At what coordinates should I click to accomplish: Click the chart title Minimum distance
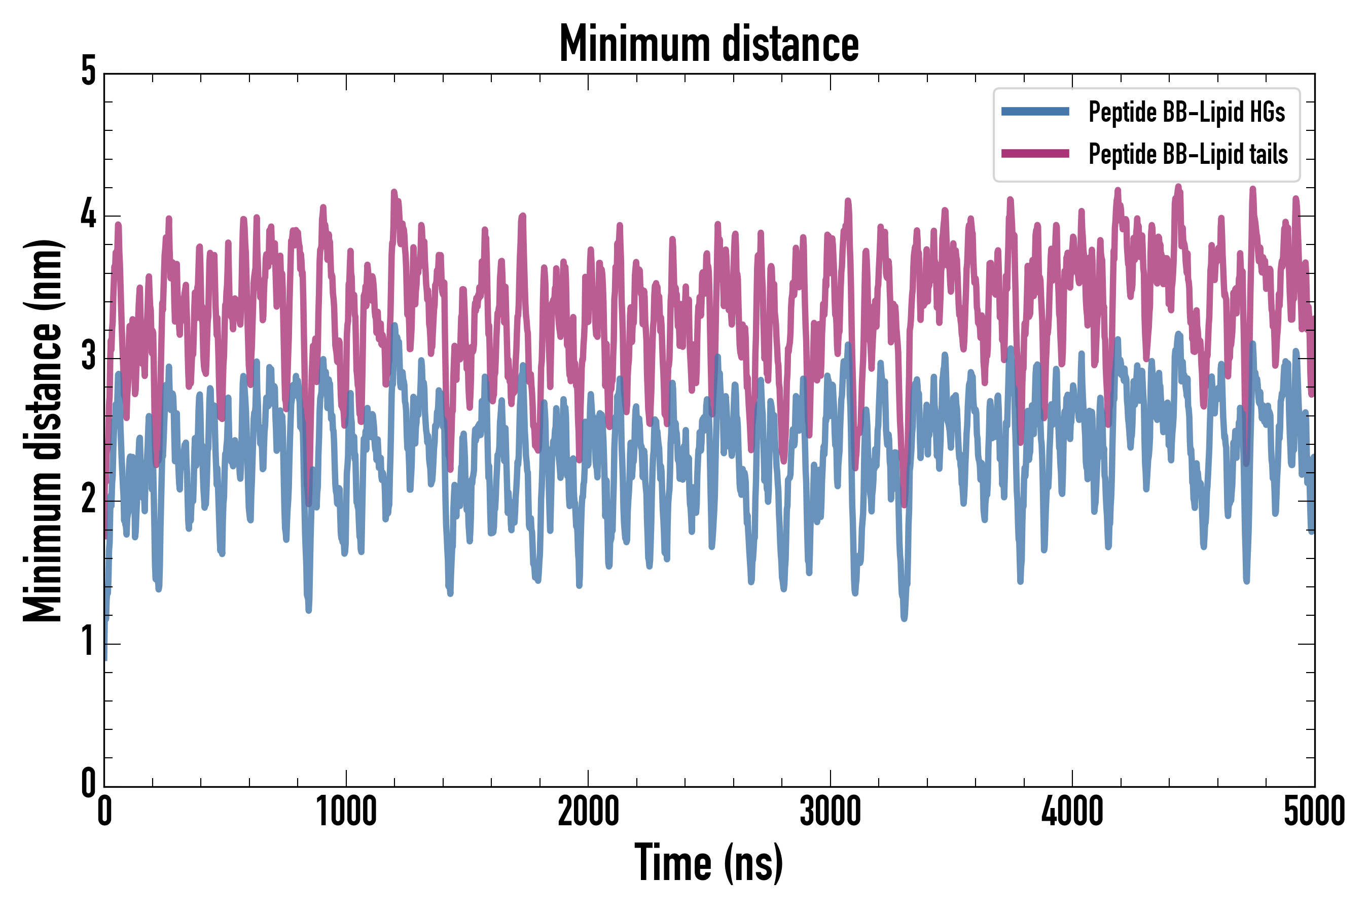click(708, 44)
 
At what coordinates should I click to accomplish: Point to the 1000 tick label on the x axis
click(346, 811)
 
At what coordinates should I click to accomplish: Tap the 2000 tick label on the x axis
click(588, 811)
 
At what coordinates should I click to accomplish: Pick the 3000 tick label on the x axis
click(830, 811)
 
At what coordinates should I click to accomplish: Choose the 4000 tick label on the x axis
click(1072, 811)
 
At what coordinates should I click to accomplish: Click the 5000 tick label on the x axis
click(1314, 811)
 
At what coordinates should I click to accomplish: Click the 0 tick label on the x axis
click(105, 811)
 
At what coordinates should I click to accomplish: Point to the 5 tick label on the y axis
click(88, 72)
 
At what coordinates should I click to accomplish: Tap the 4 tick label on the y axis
click(88, 215)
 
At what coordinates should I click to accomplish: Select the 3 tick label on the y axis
click(88, 357)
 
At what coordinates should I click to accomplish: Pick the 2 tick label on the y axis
click(88, 500)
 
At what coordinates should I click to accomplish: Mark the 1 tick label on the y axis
click(88, 642)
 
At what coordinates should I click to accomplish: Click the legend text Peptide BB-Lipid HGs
click(1186, 112)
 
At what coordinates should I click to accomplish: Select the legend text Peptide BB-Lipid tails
click(1188, 154)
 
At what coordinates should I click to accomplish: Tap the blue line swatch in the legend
click(1035, 112)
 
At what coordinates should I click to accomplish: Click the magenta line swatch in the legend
click(1035, 154)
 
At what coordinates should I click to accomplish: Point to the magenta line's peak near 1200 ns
click(394, 192)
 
